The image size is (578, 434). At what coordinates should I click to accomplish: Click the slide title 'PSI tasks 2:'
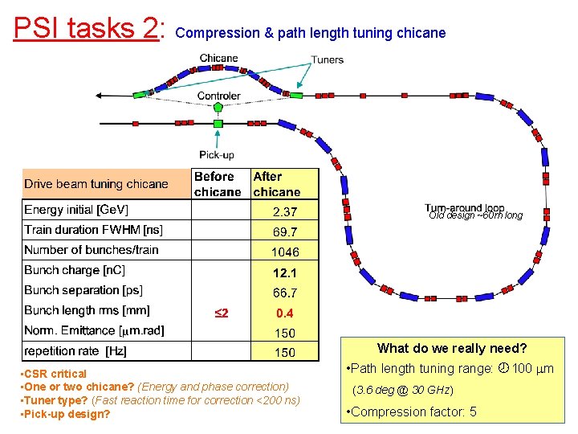click(x=89, y=28)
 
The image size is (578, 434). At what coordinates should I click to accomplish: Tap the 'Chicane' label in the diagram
click(x=218, y=58)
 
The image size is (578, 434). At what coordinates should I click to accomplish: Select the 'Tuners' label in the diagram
click(x=327, y=59)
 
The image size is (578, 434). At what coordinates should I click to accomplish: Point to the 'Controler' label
click(x=218, y=96)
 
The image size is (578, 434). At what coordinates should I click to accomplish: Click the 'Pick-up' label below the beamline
click(x=217, y=154)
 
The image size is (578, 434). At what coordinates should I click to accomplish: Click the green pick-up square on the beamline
click(x=218, y=124)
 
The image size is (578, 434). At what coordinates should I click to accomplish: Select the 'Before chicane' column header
click(x=217, y=184)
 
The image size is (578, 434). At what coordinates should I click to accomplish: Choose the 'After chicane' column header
click(x=276, y=184)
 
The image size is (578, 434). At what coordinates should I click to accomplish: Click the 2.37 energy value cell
click(x=284, y=212)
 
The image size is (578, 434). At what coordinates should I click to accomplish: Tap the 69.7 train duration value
click(x=284, y=231)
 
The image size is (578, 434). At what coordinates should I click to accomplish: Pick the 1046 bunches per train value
click(x=284, y=252)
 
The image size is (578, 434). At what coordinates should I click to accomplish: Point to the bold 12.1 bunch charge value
click(x=284, y=272)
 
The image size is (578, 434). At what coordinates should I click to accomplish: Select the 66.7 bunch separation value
click(x=284, y=293)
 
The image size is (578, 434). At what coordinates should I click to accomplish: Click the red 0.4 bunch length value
click(x=284, y=313)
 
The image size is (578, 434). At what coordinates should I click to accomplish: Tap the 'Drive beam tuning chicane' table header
click(x=96, y=184)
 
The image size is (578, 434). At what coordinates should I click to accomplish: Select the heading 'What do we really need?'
click(x=451, y=348)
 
